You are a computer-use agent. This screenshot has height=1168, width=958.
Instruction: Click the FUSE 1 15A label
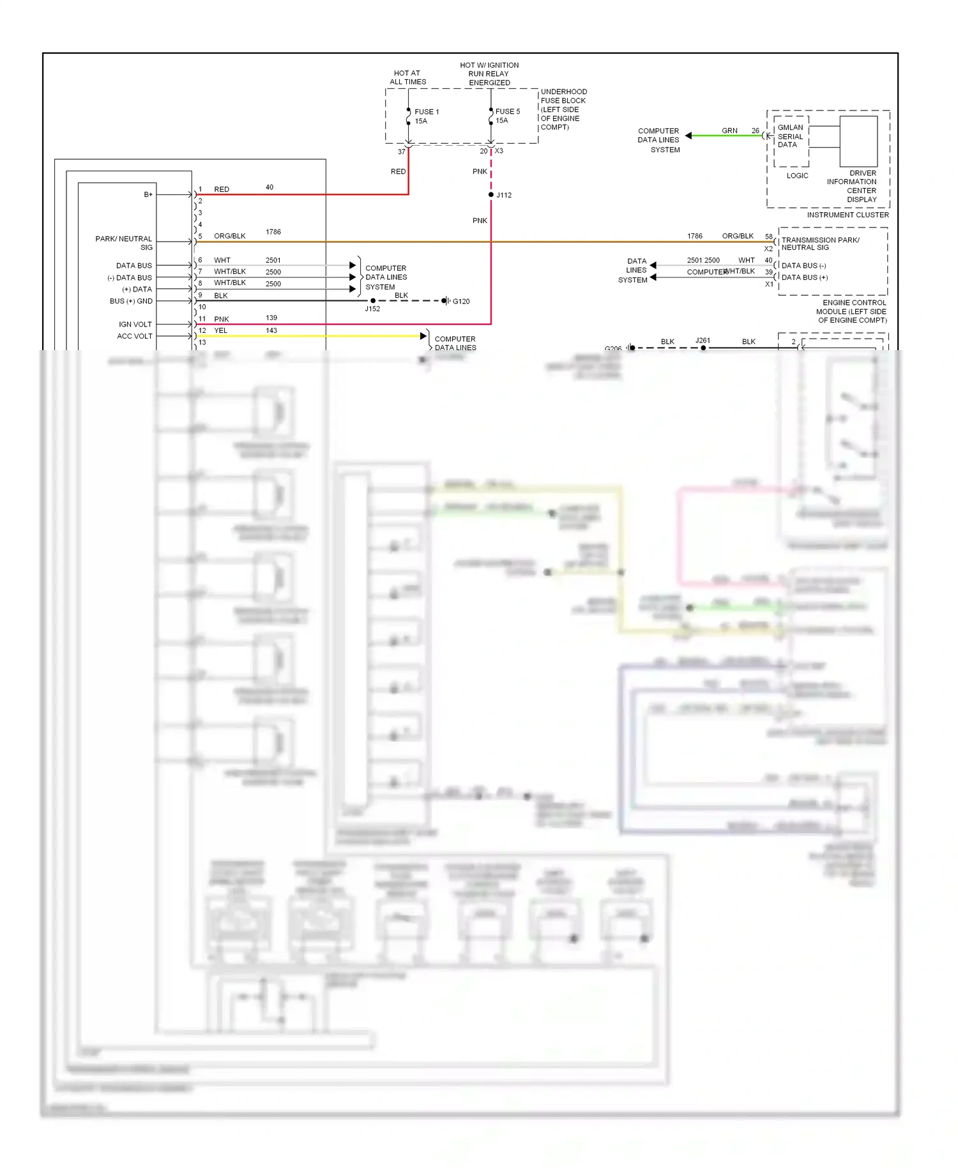click(426, 116)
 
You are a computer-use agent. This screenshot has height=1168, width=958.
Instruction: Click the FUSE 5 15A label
click(507, 116)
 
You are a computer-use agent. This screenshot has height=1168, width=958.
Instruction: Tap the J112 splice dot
click(490, 194)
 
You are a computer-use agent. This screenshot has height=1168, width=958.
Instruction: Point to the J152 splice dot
click(373, 300)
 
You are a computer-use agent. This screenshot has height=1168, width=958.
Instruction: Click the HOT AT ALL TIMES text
click(407, 77)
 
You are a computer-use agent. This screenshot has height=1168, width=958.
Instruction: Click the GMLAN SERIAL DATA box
click(791, 137)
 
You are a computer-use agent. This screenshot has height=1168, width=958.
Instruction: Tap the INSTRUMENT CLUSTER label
click(847, 215)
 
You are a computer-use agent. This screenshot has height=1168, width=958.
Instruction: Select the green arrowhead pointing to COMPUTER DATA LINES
click(688, 135)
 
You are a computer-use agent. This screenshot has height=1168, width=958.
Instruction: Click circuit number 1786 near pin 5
click(273, 232)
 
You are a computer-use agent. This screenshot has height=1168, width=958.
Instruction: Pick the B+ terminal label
click(148, 194)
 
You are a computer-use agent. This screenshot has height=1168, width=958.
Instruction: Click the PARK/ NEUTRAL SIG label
click(125, 243)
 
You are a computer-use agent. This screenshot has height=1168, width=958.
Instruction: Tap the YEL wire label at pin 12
click(220, 330)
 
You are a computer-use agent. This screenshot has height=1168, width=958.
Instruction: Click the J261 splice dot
click(703, 348)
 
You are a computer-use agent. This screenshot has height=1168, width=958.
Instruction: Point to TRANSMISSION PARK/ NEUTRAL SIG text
click(820, 243)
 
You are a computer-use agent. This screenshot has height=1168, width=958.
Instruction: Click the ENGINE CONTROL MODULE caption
click(852, 311)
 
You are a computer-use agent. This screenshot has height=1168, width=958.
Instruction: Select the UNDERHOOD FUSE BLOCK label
click(563, 109)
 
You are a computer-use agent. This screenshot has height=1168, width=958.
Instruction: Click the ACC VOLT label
click(135, 336)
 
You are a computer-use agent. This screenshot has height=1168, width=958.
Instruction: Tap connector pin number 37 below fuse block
click(401, 151)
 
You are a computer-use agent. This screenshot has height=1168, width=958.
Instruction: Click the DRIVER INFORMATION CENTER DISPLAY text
click(853, 186)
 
